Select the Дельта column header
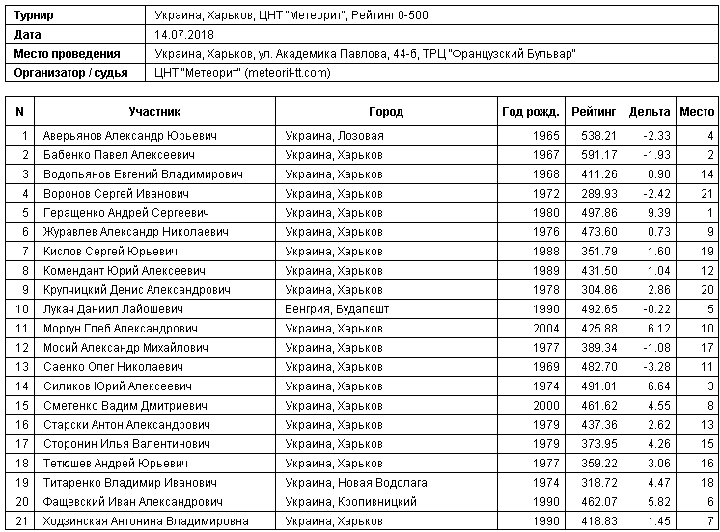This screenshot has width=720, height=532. pyautogui.click(x=649, y=111)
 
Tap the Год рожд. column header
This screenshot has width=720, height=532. pyautogui.click(x=530, y=111)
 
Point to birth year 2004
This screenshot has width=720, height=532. pyautogui.click(x=545, y=329)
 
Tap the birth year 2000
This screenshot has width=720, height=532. pyautogui.click(x=545, y=406)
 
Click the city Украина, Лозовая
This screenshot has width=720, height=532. pyautogui.click(x=334, y=136)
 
